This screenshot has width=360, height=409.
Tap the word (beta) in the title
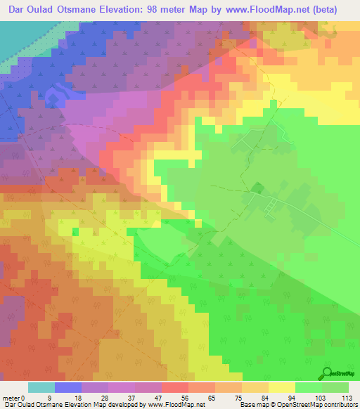[322, 10]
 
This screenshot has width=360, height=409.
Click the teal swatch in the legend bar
[41, 387]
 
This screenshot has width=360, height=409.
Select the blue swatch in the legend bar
[67, 387]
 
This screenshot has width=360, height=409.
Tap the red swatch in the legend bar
[174, 387]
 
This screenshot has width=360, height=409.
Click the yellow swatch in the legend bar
[281, 387]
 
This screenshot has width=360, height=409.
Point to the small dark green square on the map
[257, 188]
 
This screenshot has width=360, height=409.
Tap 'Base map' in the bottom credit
[254, 405]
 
